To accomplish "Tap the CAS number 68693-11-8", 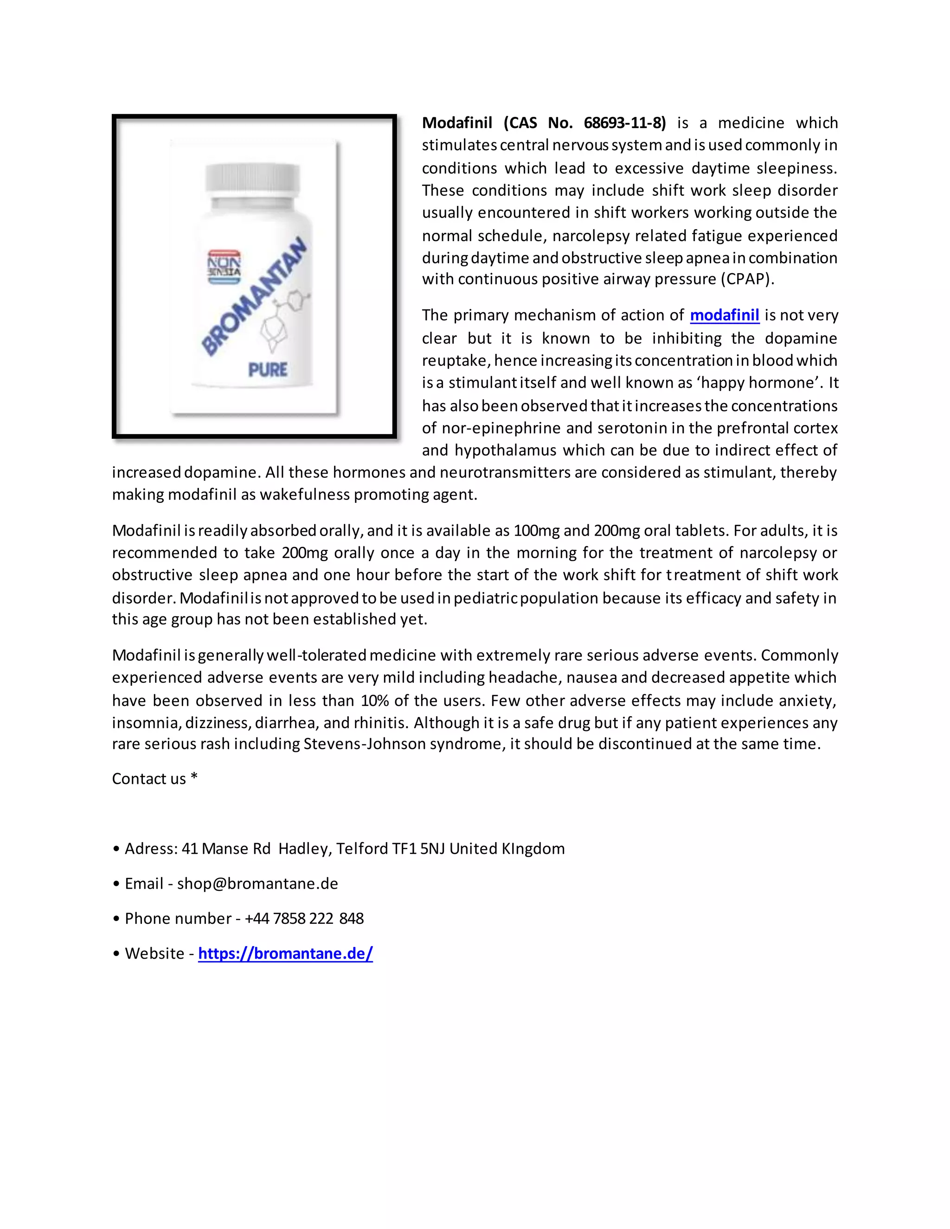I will click(624, 123).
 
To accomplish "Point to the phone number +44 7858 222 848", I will click(304, 918).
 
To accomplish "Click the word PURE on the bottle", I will click(268, 370).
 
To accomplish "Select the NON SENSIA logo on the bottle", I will click(224, 267).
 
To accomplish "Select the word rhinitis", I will click(379, 723).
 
